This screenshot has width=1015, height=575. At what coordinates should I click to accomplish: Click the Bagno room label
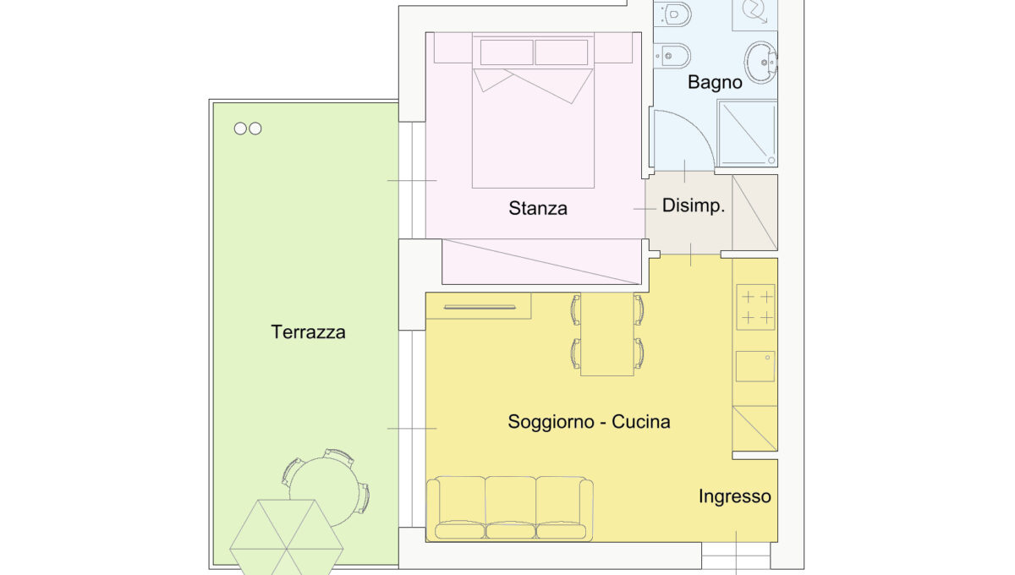click(x=715, y=83)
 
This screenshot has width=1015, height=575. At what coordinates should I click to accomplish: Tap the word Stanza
click(x=538, y=208)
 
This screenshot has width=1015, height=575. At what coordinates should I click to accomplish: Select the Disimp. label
click(x=694, y=205)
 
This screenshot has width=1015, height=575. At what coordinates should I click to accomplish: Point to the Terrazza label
click(x=308, y=332)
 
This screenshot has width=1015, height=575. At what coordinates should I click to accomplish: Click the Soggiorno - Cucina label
click(x=589, y=422)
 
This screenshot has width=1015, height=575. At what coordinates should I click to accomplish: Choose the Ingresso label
click(x=734, y=496)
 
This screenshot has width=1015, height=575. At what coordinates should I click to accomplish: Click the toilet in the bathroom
click(x=672, y=14)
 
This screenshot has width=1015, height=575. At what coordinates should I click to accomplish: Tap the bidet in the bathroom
click(x=672, y=55)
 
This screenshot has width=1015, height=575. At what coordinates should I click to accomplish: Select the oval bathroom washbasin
click(x=760, y=62)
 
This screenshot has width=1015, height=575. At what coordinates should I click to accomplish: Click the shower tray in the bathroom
click(x=747, y=134)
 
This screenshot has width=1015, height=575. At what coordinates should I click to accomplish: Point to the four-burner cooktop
click(x=755, y=307)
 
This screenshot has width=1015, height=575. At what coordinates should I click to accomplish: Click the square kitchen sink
click(x=754, y=366)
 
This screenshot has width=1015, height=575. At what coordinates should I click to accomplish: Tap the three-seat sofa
click(x=510, y=509)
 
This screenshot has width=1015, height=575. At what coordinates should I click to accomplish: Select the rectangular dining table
click(x=607, y=334)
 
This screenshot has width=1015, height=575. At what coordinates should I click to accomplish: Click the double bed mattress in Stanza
click(x=533, y=129)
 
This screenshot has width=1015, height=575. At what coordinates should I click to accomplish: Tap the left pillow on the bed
click(x=507, y=52)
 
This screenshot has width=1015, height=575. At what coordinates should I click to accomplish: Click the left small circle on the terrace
click(x=240, y=129)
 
